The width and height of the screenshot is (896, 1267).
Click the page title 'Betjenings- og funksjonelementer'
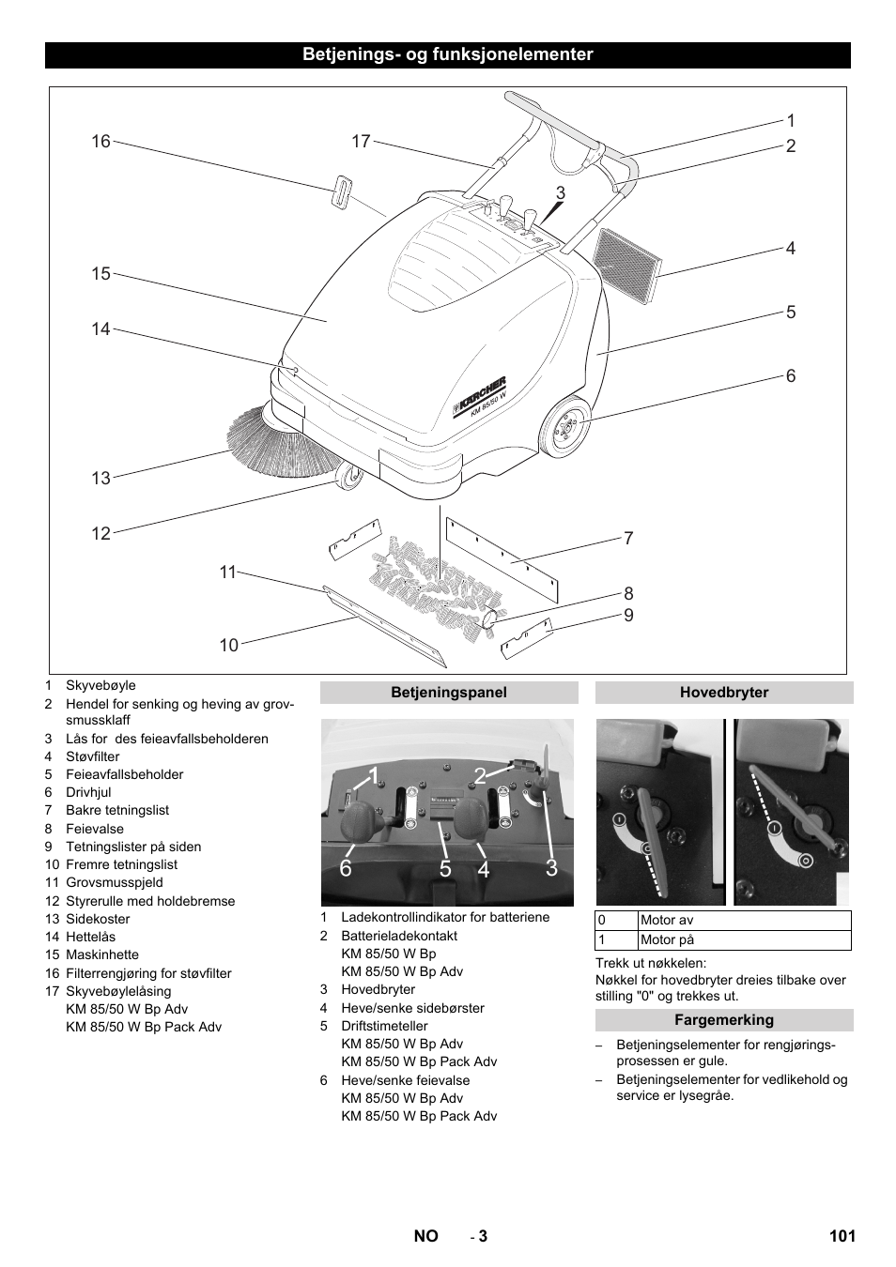coord(447,54)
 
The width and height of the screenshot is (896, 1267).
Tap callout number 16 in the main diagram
coord(100,142)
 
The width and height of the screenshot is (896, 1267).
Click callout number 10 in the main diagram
coord(229,645)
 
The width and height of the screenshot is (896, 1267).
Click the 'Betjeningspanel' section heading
coord(449,693)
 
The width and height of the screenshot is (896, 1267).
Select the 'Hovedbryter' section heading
coord(724,693)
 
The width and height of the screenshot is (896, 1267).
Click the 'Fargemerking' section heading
coord(724,1020)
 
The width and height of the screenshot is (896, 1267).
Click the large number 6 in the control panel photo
coord(346,869)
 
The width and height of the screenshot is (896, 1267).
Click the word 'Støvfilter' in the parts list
coord(92,756)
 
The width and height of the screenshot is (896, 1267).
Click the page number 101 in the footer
coord(842,1236)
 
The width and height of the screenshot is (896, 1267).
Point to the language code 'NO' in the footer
coord(425,1236)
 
